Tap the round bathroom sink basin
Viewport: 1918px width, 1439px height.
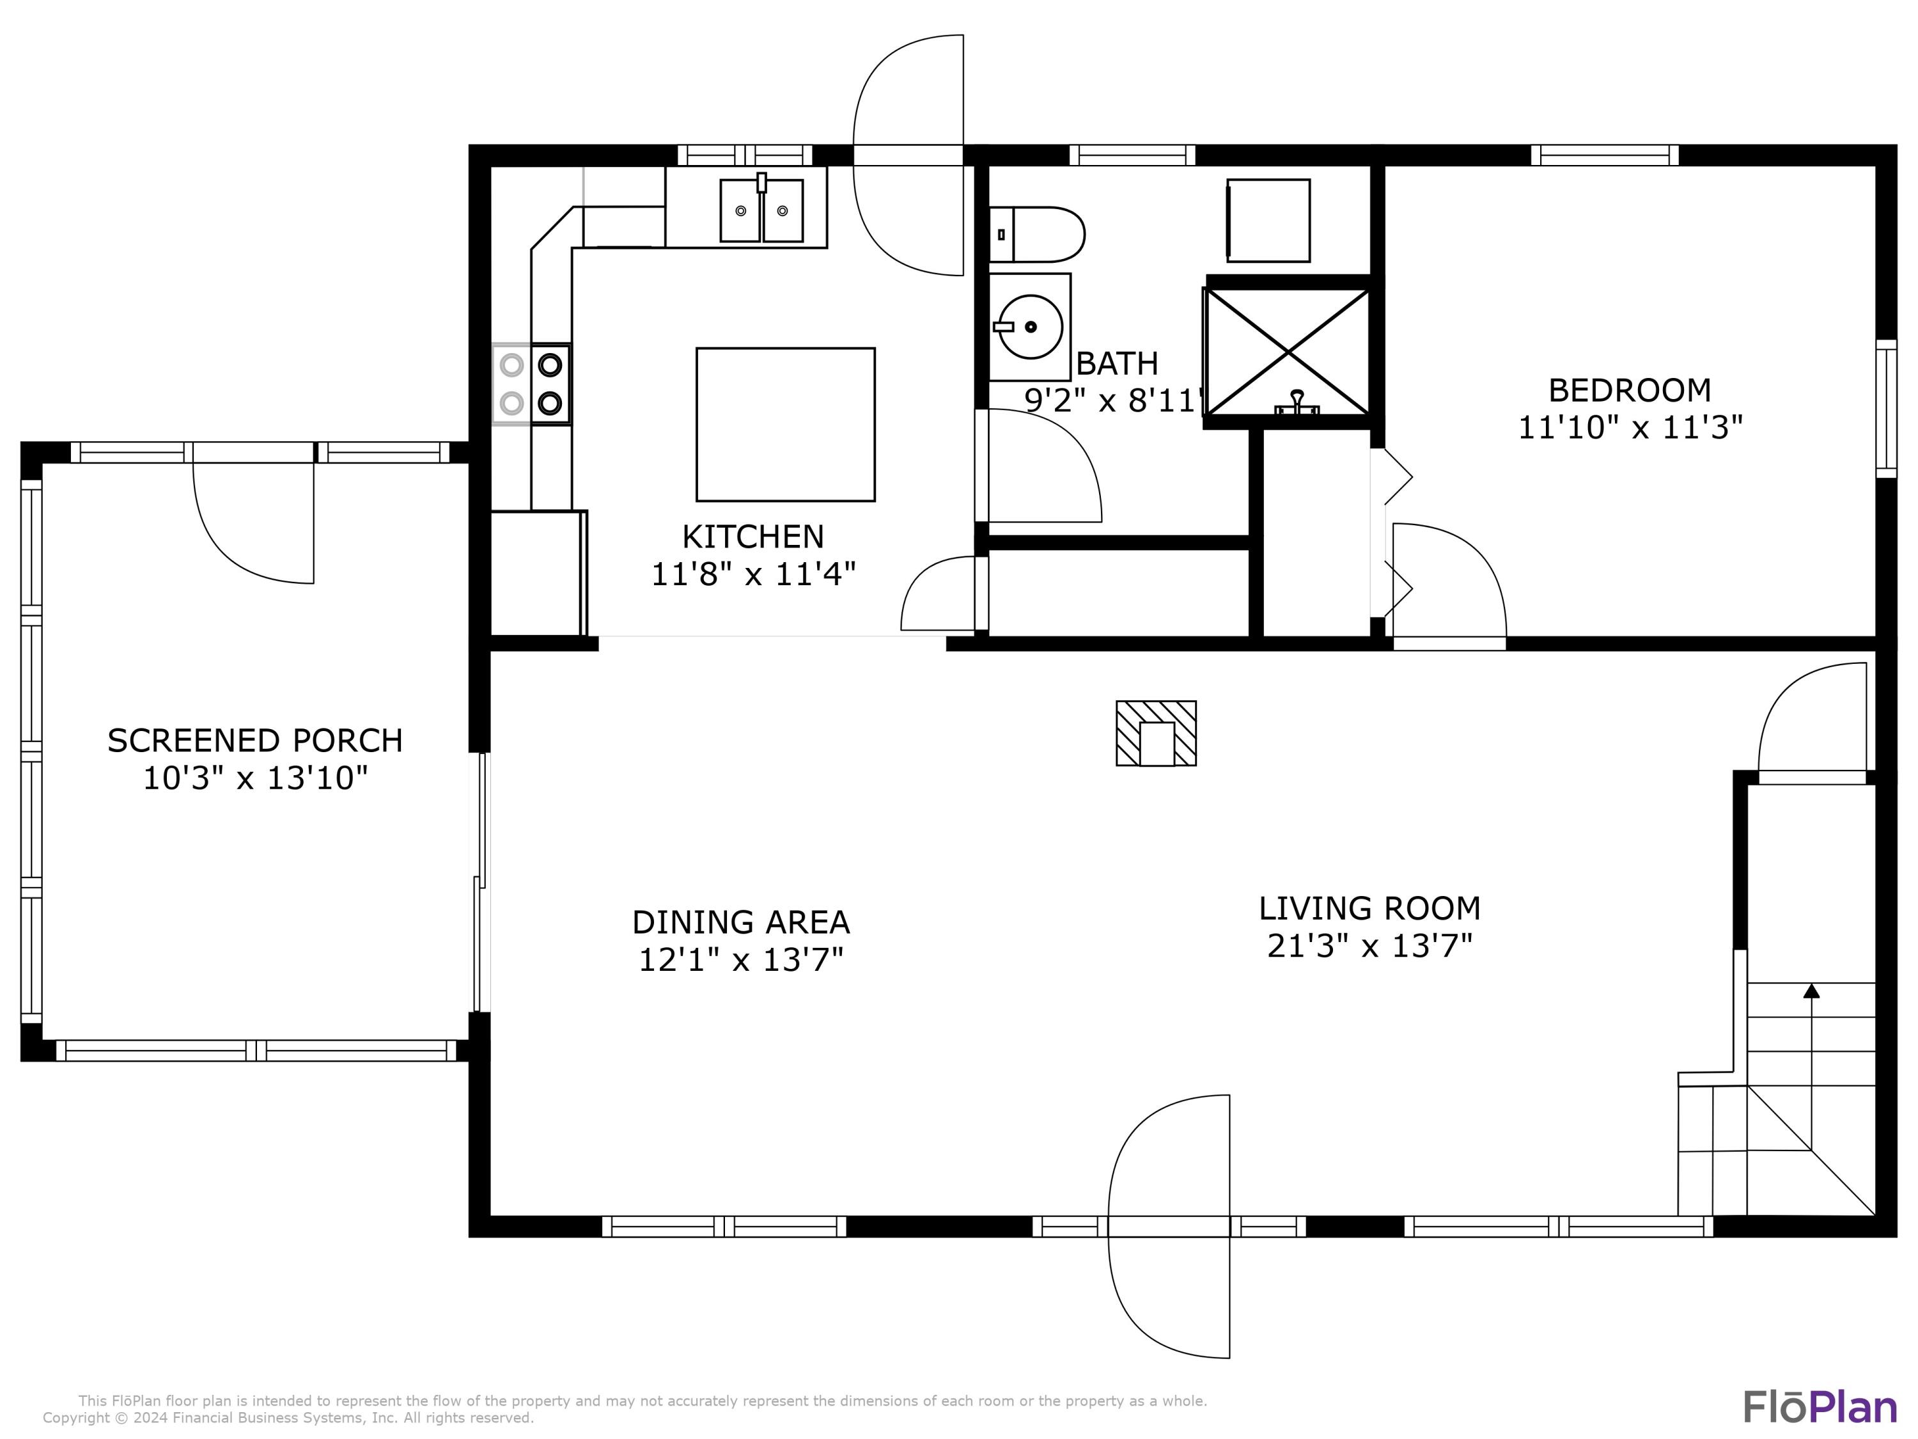(1030, 327)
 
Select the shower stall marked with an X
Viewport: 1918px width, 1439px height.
(1288, 351)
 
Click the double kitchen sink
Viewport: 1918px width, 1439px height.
(761, 211)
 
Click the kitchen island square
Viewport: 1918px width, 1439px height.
(784, 424)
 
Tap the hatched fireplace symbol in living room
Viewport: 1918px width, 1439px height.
(1156, 733)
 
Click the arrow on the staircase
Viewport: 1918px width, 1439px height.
(1811, 991)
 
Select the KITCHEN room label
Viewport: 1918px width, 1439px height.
(752, 537)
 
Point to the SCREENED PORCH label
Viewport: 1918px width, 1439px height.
(255, 741)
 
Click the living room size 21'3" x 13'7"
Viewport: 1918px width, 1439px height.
(1369, 945)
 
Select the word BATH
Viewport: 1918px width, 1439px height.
(1117, 363)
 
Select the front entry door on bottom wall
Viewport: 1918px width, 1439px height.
(1168, 1225)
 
